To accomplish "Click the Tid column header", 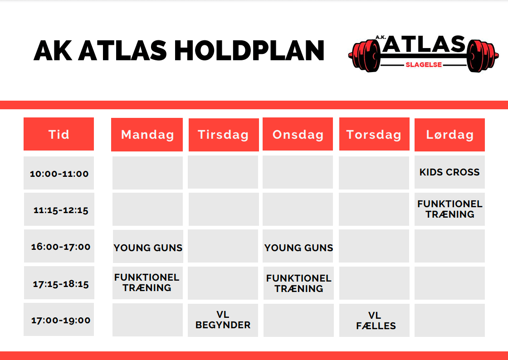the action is point(59,134).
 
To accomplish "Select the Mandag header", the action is point(147,135).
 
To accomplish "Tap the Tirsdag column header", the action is point(224,135).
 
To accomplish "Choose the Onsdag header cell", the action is point(298,134).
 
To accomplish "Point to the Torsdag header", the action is point(374,134).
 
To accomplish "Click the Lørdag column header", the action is point(449,135).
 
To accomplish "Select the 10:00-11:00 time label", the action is point(59,174).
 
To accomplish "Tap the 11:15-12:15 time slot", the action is point(61,210).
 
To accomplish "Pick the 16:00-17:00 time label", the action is point(61,247).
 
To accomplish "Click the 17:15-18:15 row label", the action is point(61,284).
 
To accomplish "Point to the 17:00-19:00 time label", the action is point(61,321).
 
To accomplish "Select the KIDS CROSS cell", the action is point(449,172).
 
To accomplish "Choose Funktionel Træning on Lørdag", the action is point(449,209).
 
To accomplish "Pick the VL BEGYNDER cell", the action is point(223,320).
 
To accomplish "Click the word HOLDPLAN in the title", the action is point(249,51).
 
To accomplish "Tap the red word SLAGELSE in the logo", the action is point(424,65).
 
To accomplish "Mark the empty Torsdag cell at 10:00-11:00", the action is point(374,172).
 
